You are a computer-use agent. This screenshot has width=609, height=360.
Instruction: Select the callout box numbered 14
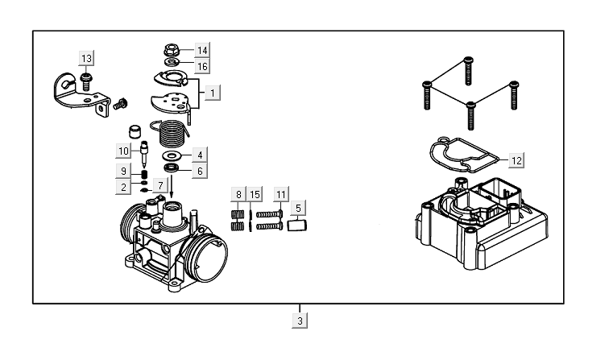click(201, 50)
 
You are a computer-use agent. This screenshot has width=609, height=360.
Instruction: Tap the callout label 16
click(201, 65)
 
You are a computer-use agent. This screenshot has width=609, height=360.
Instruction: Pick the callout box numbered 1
click(212, 93)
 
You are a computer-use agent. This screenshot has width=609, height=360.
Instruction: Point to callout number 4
click(199, 154)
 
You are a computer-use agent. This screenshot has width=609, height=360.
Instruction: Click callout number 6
click(199, 170)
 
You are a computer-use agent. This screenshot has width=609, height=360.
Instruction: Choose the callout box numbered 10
click(123, 151)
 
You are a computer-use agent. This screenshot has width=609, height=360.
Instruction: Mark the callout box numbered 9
click(123, 171)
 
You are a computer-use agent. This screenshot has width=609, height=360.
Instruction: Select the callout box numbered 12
click(516, 161)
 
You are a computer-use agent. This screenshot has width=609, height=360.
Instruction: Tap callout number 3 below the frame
click(300, 320)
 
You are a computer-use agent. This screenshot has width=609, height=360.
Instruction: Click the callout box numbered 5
click(298, 209)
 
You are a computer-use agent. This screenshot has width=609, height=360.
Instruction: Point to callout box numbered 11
click(280, 194)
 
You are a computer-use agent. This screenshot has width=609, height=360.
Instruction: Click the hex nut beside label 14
click(171, 48)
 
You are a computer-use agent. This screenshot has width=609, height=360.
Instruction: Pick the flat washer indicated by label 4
click(171, 154)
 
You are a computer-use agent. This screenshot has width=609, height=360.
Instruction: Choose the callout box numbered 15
click(255, 194)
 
